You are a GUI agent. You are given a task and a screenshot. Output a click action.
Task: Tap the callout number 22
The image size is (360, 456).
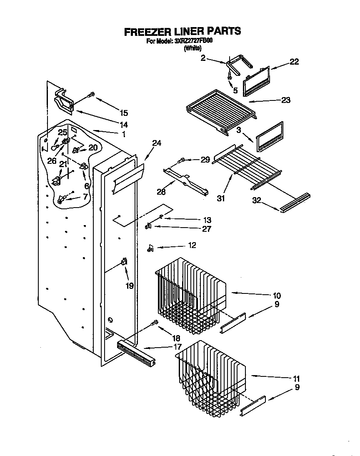pyautogui.click(x=294, y=62)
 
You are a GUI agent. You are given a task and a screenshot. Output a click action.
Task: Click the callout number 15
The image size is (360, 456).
pyautogui.click(x=124, y=113)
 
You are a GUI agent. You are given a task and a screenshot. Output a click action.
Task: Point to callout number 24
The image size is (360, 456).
pyautogui.click(x=156, y=143)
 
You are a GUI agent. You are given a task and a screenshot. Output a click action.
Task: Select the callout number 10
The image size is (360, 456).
pyautogui.click(x=277, y=296)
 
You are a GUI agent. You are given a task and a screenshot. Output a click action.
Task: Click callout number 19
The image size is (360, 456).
pyautogui.click(x=130, y=286)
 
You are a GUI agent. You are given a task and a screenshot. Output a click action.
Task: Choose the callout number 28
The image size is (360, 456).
pyautogui.click(x=161, y=192)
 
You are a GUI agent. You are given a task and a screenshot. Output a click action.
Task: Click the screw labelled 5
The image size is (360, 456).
pyautogui.click(x=229, y=76)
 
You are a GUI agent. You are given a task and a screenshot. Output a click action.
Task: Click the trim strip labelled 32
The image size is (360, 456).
pyautogui.click(x=295, y=203)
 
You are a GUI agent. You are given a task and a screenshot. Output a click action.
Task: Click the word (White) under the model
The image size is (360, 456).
pyautogui.click(x=193, y=48)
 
